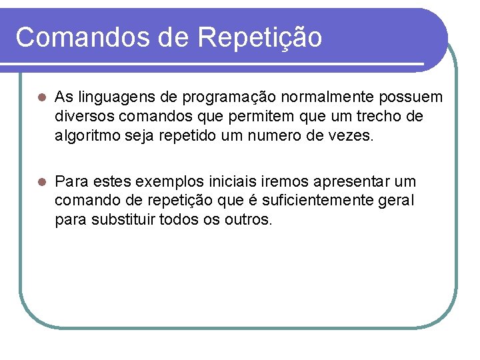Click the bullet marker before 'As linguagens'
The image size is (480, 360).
(x=41, y=98)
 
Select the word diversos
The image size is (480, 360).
(x=83, y=117)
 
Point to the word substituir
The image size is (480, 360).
(x=124, y=220)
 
